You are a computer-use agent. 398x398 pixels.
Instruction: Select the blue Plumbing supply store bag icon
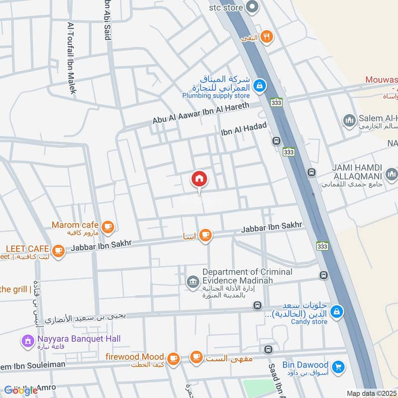[x=259, y=86]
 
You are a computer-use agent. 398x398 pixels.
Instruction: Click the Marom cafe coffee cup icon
[x=107, y=227]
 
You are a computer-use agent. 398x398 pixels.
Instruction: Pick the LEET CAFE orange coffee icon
[x=59, y=250]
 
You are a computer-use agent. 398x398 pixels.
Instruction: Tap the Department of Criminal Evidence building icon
[x=192, y=283]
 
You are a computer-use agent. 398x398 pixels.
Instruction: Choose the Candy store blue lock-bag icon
[x=337, y=311]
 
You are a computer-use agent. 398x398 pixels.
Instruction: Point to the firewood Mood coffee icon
[x=173, y=358]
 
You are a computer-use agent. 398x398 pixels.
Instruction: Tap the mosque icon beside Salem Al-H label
[x=349, y=120]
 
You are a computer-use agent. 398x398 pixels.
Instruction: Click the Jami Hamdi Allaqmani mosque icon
[x=391, y=174]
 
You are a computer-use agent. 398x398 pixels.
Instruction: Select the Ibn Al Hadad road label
[x=244, y=129]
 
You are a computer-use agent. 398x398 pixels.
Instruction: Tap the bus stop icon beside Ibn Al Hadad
[x=277, y=141]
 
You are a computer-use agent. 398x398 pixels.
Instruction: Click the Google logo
[x=21, y=390]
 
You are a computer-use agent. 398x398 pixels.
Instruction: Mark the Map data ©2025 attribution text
[x=372, y=394]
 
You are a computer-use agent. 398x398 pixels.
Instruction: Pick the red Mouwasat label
[x=382, y=80]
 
